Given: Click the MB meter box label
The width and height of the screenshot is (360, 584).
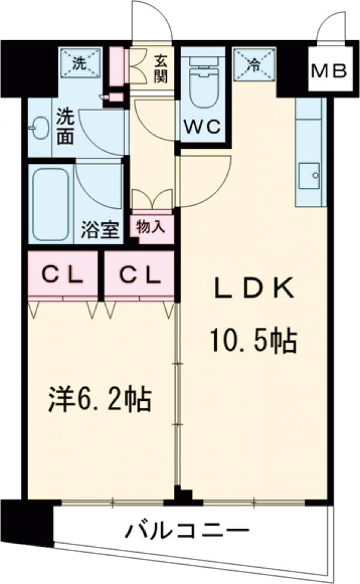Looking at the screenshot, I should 329,71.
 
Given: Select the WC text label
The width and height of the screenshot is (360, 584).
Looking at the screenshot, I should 202,127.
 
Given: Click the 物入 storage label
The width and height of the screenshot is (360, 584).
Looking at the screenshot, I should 152,227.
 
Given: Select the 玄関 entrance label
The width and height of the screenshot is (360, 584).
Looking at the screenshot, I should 160,68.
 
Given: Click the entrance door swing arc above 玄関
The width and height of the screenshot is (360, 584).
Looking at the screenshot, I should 152,21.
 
